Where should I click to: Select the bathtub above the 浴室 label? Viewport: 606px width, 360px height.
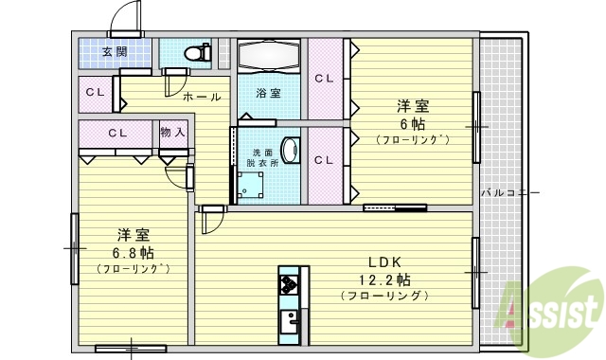point(268,57)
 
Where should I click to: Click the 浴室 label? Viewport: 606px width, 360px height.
point(268,93)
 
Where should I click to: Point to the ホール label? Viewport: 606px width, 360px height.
point(202,97)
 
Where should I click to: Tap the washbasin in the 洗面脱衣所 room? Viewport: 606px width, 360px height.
point(291,152)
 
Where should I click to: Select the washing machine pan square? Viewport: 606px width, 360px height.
point(249,189)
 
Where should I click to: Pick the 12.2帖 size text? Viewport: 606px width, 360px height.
point(389,279)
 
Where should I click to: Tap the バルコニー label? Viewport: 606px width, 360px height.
point(509,192)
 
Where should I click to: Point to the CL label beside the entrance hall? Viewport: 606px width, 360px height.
point(95,92)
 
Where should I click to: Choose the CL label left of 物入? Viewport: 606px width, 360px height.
point(117,132)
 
